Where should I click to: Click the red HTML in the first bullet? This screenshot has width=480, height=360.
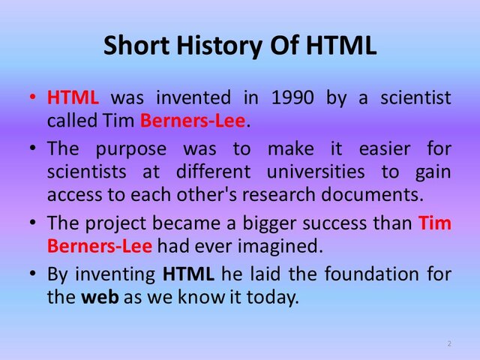coord(73,97)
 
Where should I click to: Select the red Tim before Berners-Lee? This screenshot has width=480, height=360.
coord(435,223)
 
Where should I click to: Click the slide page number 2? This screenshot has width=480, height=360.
coord(448,343)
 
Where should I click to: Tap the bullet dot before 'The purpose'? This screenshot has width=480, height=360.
coord(32,148)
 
